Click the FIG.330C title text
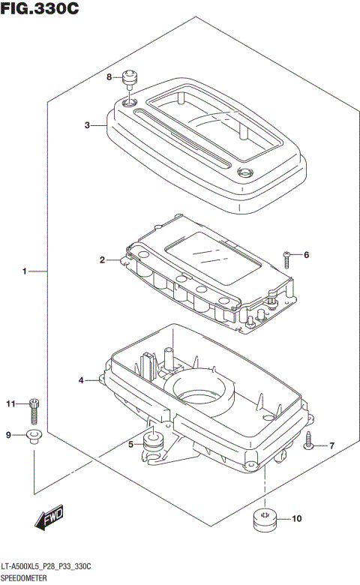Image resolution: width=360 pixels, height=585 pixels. (x=40, y=10)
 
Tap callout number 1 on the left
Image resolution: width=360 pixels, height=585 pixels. (x=24, y=270)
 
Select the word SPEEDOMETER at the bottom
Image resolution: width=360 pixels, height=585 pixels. (x=28, y=579)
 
